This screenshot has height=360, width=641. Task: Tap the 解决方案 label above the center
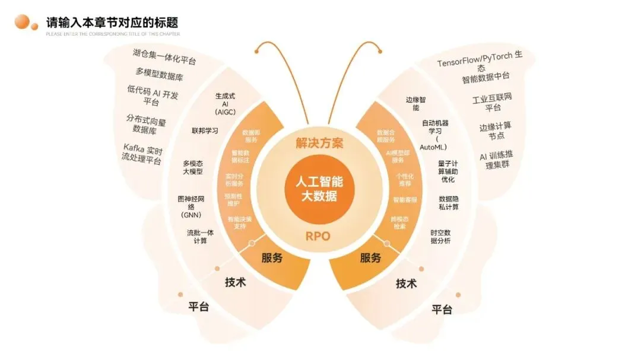(320, 143)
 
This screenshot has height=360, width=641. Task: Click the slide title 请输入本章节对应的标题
(112, 23)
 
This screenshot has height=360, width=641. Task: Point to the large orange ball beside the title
(23, 22)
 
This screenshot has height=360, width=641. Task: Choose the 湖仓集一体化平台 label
(164, 57)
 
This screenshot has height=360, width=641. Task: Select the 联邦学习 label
(205, 130)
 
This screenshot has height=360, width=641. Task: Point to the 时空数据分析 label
(440, 237)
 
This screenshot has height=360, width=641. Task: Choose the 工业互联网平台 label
(492, 102)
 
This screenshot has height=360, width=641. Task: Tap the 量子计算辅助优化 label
(448, 171)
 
